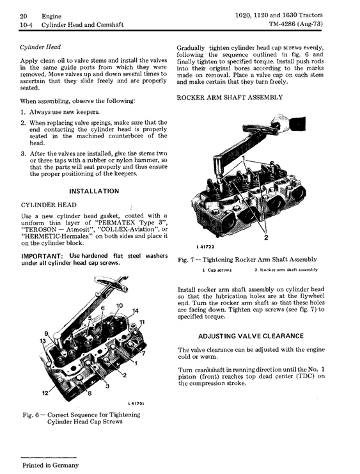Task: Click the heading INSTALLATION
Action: pyautogui.click(x=94, y=191)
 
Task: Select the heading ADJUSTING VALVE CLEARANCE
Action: pyautogui.click(x=251, y=336)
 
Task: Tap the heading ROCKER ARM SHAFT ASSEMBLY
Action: pyautogui.click(x=230, y=97)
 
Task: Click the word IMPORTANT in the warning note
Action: pyautogui.click(x=42, y=256)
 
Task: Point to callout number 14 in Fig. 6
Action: pyautogui.click(x=135, y=311)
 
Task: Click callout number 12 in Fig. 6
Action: pyautogui.click(x=45, y=393)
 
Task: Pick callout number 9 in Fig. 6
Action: pyautogui.click(x=46, y=334)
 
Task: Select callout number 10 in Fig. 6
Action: pyautogui.click(x=120, y=305)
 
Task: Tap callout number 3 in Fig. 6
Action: pyautogui.click(x=107, y=386)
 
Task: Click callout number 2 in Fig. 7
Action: pyautogui.click(x=266, y=237)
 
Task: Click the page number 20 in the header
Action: pyautogui.click(x=23, y=16)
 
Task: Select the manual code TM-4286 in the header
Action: pyautogui.click(x=282, y=24)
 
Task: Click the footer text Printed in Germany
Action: pyautogui.click(x=50, y=465)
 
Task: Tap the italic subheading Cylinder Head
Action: pyautogui.click(x=40, y=47)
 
